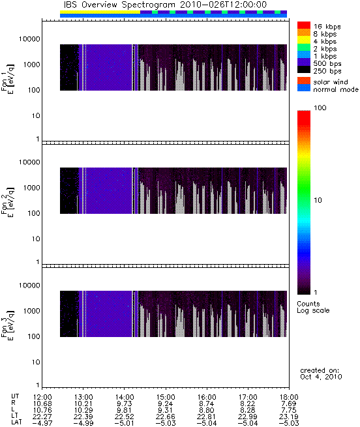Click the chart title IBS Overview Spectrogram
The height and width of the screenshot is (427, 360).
(119, 5)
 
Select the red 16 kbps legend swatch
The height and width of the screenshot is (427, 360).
(304, 25)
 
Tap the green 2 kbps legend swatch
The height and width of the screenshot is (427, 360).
(304, 48)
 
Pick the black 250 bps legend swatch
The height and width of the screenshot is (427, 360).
(304, 70)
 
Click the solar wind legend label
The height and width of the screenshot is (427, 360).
(331, 82)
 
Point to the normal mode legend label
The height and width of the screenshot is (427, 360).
(336, 89)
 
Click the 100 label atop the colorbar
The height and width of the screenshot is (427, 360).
(320, 108)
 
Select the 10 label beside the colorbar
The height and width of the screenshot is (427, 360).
(318, 200)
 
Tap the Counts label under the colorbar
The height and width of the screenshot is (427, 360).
(308, 304)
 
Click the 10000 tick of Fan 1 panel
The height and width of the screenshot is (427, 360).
(29, 39)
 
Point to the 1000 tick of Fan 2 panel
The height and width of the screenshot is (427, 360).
(31, 188)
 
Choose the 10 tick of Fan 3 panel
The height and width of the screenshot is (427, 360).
(36, 362)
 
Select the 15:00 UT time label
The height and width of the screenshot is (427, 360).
(166, 397)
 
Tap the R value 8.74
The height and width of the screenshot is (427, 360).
(207, 404)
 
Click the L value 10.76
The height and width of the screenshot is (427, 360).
(42, 410)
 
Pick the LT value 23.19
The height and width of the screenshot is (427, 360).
(289, 417)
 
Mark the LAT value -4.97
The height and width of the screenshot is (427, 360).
(42, 423)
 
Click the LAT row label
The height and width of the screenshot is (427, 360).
(16, 423)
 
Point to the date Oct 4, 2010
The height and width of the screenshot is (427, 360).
(321, 377)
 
